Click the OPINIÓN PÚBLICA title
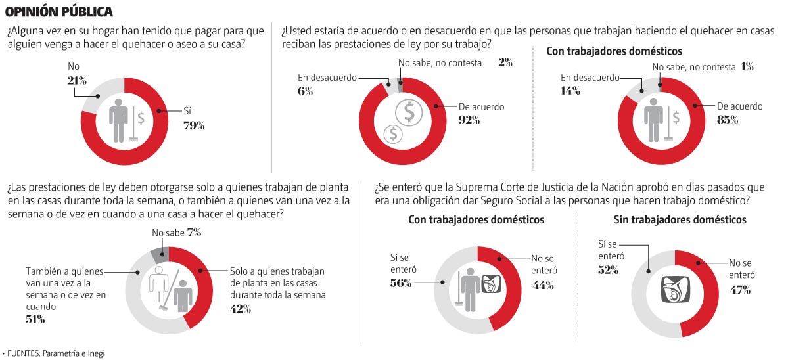click(x=59, y=11)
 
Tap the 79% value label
click(x=195, y=125)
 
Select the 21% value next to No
click(x=78, y=80)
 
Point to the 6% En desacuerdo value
click(x=305, y=91)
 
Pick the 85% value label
click(x=728, y=120)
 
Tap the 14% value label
click(x=570, y=91)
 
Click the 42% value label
click(x=240, y=308)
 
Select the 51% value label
click(x=35, y=319)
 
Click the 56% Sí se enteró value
click(x=400, y=282)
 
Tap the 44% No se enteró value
click(x=544, y=284)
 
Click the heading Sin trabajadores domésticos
click(x=680, y=219)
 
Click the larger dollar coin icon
click(x=409, y=113)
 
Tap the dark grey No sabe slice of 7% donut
click(x=160, y=252)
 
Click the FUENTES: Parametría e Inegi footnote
click(x=55, y=353)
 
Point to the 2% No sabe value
click(x=505, y=63)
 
